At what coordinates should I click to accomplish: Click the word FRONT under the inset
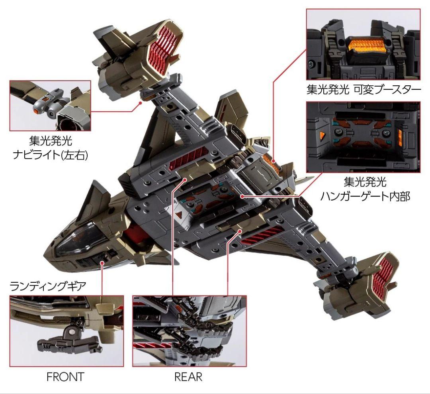pyautogui.click(x=65, y=377)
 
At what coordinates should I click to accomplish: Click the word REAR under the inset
pyautogui.click(x=188, y=377)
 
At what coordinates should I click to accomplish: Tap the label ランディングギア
pyautogui.click(x=48, y=286)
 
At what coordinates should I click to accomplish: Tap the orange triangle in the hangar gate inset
pyautogui.click(x=321, y=135)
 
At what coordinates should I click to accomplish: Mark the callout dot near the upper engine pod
pyautogui.click(x=141, y=103)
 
